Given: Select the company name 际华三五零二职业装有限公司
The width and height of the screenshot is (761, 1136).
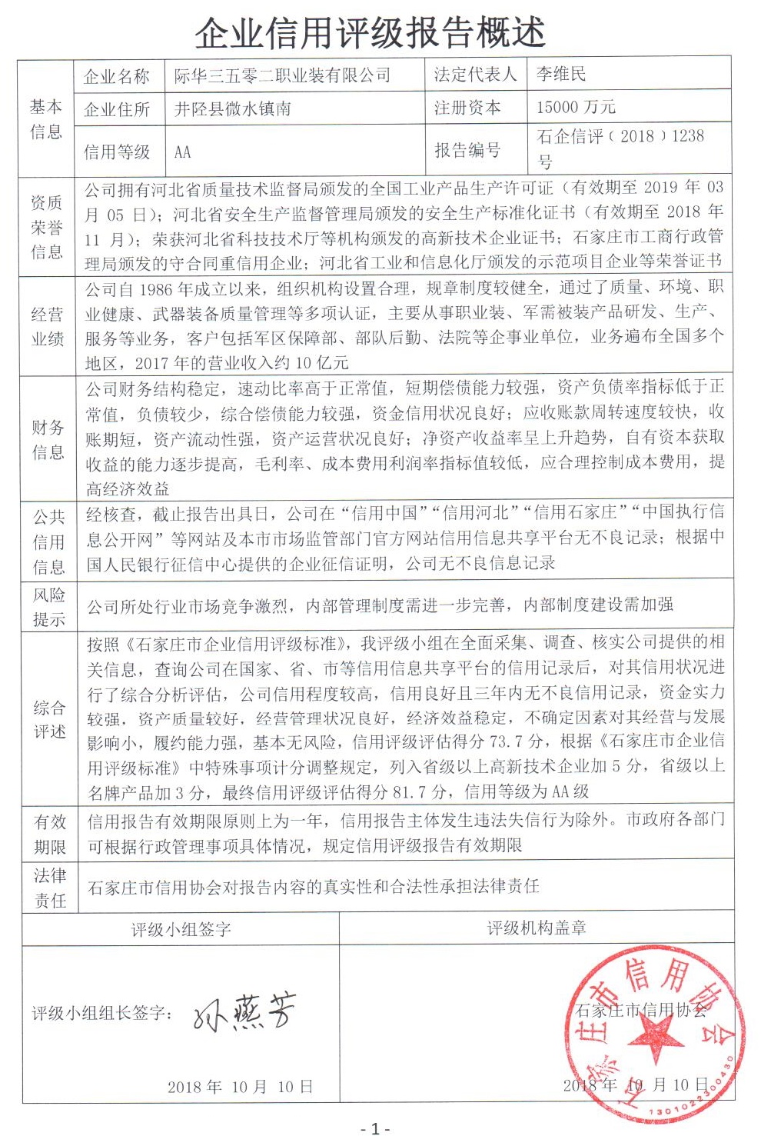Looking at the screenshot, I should click(283, 75).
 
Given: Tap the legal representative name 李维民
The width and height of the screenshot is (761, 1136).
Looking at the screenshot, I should click(561, 74).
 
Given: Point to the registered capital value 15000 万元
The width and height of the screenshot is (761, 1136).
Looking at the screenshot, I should click(577, 107).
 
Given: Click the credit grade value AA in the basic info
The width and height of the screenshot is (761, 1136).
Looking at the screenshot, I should click(183, 152).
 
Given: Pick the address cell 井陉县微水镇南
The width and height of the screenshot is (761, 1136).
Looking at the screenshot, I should click(232, 108).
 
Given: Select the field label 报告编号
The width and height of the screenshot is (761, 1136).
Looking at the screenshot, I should click(467, 150).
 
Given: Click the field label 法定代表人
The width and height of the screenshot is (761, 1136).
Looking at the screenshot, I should click(475, 74).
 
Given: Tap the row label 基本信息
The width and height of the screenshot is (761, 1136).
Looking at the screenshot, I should click(46, 118).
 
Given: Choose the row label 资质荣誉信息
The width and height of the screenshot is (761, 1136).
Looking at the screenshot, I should click(47, 227).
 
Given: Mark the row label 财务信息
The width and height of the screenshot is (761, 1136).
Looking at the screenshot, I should click(48, 439).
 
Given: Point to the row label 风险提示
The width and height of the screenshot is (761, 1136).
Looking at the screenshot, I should click(48, 607).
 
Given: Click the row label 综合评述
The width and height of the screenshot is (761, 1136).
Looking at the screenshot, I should click(49, 719).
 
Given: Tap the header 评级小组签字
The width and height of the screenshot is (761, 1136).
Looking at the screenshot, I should click(181, 929).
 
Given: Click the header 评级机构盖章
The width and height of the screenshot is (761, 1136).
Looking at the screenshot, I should click(537, 928).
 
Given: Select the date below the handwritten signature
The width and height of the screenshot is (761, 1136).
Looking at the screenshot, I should click(241, 1087).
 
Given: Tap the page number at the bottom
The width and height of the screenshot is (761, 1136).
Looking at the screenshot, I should click(375, 1128).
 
